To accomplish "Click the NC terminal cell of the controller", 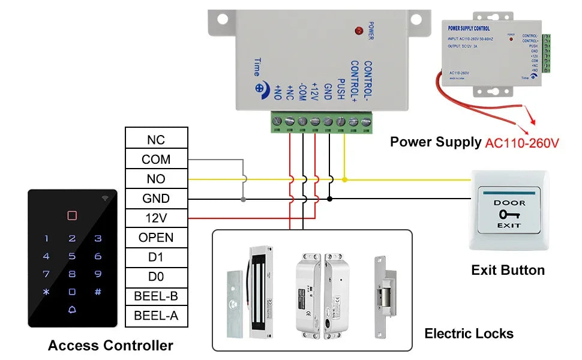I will pos(156,140).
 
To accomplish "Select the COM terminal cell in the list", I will pos(156,160).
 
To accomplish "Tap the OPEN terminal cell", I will pos(156,238).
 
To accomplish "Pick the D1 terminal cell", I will pos(156,257).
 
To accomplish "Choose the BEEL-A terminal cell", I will pos(156,316).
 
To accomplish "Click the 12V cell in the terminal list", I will pos(156,218).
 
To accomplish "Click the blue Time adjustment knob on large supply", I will pos(260,87).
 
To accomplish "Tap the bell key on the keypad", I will pos(72,310).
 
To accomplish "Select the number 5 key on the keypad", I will pos(72,256).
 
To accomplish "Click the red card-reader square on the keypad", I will pos(72,215).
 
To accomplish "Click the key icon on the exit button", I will pos(509,214).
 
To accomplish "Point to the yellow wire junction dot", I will pos(344,179).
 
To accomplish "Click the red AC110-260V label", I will pos(521,143).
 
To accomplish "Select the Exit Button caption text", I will pos(508,271).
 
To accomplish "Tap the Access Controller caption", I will pos(110,346).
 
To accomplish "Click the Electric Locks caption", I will pos(469,334).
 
